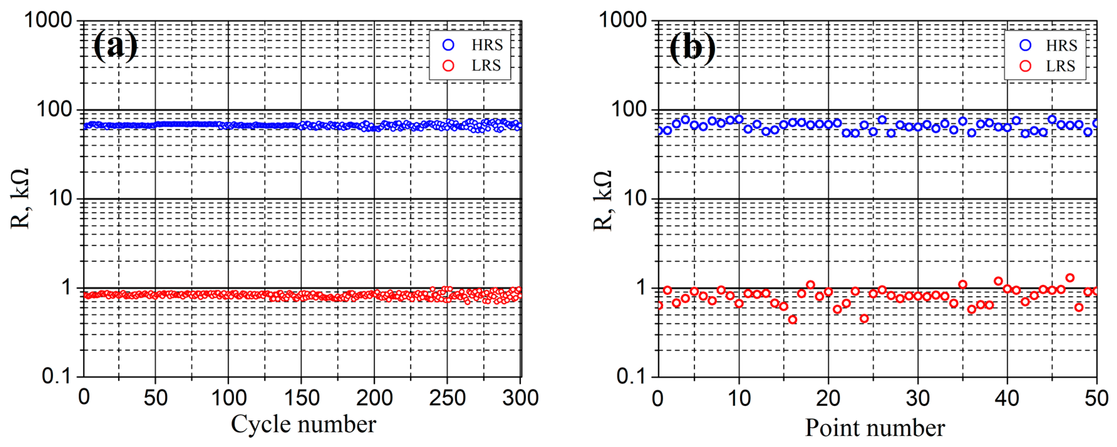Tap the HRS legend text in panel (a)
[487, 45]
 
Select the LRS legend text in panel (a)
[486, 65]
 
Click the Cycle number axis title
[303, 424]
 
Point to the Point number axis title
[875, 428]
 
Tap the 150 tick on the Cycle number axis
[302, 398]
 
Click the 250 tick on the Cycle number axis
[447, 398]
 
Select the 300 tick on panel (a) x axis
[520, 398]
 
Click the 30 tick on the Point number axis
[918, 398]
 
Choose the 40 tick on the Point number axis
[1007, 398]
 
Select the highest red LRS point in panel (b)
[1070, 278]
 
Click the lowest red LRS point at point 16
[793, 320]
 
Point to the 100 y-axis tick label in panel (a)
[54, 109]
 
